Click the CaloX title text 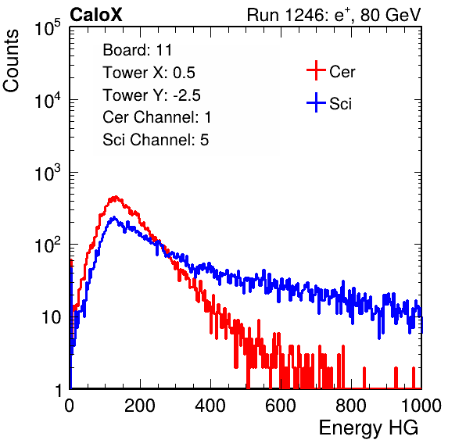pos(96,15)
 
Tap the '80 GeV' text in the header pos(390,15)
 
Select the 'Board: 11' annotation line pos(138,50)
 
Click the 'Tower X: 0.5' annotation pos(149,73)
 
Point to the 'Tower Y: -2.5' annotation pos(152,95)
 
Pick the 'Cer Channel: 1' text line pos(157,117)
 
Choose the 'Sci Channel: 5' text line pos(156,140)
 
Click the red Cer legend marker pos(316,70)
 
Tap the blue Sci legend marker pos(316,103)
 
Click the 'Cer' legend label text pos(342,72)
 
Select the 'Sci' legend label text pos(340,104)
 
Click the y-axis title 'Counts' pos(11,61)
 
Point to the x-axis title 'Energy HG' pos(368,428)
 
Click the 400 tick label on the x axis pos(210,406)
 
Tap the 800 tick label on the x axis pos(351,406)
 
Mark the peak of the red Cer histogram pos(116,197)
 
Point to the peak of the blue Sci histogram pos(114,217)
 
